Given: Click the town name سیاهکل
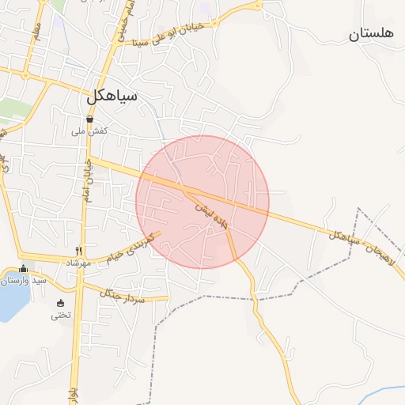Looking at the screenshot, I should click(112, 96).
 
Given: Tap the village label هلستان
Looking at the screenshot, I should click(371, 34).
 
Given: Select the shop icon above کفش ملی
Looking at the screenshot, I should click(90, 119).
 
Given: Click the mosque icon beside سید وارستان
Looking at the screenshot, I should click(23, 269).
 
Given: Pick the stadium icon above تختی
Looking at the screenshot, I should click(61, 303).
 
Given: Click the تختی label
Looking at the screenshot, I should click(61, 315).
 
